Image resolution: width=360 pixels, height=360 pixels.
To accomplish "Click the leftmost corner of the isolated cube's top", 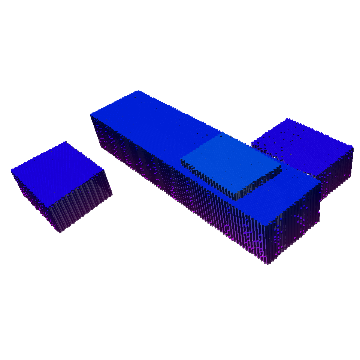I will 12,171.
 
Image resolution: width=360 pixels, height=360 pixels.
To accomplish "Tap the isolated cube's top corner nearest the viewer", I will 48,206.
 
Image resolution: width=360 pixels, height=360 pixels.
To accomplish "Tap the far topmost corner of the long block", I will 139,91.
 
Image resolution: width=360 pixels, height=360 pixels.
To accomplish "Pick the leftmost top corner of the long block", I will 91,114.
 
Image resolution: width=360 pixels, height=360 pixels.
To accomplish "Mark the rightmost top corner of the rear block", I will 353,147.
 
